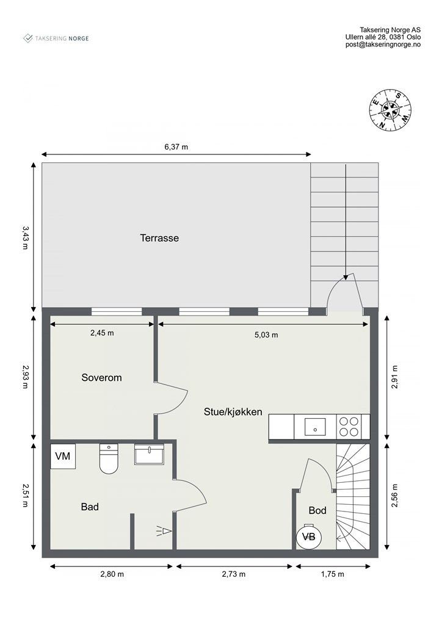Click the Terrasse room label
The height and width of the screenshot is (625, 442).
(x=159, y=238)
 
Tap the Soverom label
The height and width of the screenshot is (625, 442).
(x=101, y=377)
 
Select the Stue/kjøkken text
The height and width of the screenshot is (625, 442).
(x=233, y=412)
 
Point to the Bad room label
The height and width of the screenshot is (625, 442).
(x=90, y=507)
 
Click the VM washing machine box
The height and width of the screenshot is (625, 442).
(x=62, y=456)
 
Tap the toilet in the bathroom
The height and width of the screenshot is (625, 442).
(x=109, y=458)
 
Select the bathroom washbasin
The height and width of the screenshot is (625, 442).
(x=149, y=454)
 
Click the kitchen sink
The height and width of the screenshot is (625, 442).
(x=315, y=427)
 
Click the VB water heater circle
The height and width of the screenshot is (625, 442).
(x=309, y=537)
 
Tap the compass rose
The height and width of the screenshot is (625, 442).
(x=389, y=109)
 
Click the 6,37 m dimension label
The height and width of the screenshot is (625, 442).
(x=176, y=146)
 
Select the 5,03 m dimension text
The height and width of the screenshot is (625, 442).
(x=266, y=335)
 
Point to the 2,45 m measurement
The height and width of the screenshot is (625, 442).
(x=102, y=333)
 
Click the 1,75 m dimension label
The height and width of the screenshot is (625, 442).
(x=332, y=574)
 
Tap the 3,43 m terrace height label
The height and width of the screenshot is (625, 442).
(x=25, y=237)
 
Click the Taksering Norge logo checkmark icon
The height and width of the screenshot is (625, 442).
(x=28, y=38)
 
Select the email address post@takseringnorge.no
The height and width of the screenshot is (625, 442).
(x=383, y=45)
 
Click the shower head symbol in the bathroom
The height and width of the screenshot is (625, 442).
(x=164, y=532)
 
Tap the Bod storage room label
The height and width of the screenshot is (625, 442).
(x=317, y=510)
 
